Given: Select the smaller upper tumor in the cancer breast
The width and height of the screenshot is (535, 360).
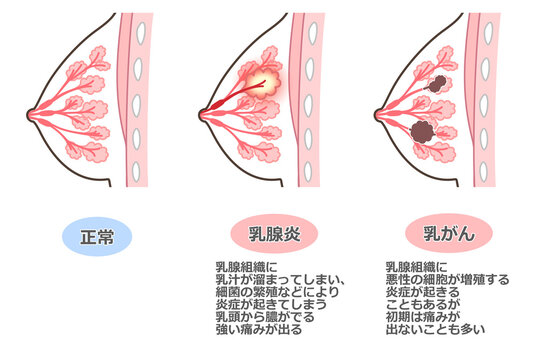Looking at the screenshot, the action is click(436, 86).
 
